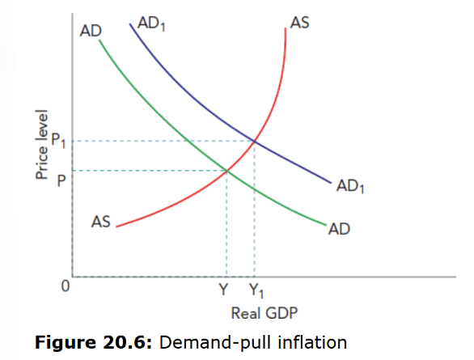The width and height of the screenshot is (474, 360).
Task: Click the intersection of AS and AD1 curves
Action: coord(255,142)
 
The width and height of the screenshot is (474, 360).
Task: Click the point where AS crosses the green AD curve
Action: coord(226,171)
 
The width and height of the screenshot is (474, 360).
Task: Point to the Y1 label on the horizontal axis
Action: coord(255,289)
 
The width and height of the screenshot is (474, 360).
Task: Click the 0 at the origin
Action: coord(68,285)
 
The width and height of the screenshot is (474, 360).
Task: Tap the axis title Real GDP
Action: coord(257,312)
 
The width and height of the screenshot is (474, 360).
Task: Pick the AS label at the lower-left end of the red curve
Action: coord(100,221)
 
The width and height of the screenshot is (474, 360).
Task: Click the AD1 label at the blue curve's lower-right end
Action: coord(349,188)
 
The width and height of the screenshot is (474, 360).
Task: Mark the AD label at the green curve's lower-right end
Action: coord(339,230)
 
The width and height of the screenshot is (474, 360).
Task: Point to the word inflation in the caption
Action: coord(311,342)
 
